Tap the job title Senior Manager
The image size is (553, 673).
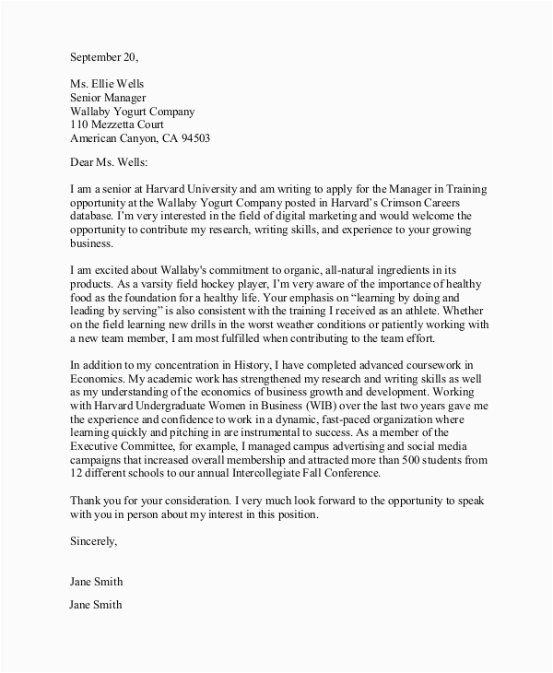(x=108, y=99)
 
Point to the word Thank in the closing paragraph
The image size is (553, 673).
(x=87, y=501)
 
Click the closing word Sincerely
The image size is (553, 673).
(x=93, y=541)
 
